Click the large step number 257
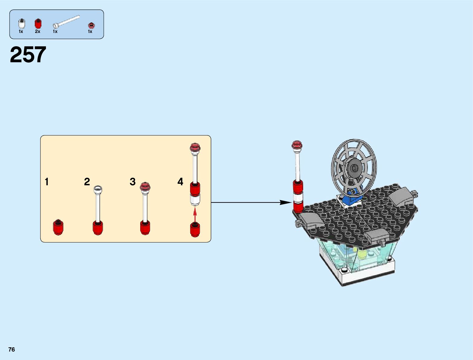pyautogui.click(x=28, y=55)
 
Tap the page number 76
pyautogui.click(x=11, y=349)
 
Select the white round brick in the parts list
pyautogui.click(x=21, y=24)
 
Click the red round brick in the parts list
pyautogui.click(x=38, y=24)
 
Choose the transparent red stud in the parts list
pyautogui.click(x=91, y=25)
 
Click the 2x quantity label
pyautogui.click(x=37, y=31)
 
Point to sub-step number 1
pyautogui.click(x=47, y=182)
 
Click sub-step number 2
pyautogui.click(x=87, y=182)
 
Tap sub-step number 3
pyautogui.click(x=132, y=182)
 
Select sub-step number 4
pyautogui.click(x=180, y=182)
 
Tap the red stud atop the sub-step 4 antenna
pyautogui.click(x=195, y=148)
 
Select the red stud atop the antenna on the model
pyautogui.click(x=297, y=145)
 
